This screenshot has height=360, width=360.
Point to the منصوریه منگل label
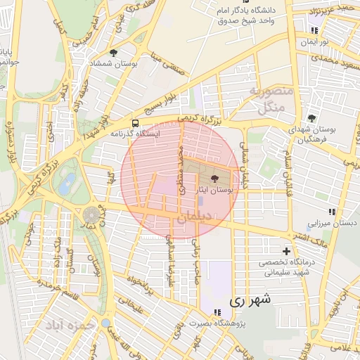pos(266,100)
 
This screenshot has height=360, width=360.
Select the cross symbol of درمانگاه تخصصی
pos(286,251)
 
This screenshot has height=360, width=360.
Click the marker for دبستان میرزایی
pos(332,212)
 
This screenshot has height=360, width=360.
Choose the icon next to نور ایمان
pos(314,31)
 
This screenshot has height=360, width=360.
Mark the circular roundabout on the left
pos(91,214)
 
